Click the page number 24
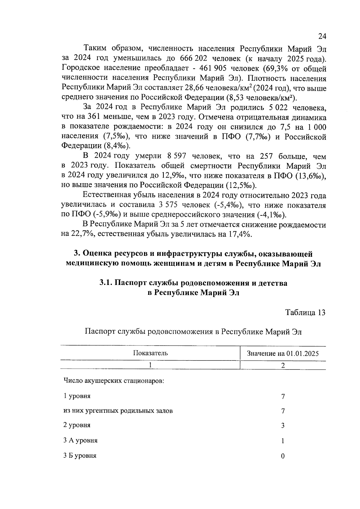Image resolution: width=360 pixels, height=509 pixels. [x=322, y=36]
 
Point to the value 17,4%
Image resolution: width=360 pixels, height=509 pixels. [x=240, y=234]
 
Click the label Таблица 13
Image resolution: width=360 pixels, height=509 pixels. [x=305, y=313]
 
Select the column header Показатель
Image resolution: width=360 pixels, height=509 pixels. [x=150, y=353]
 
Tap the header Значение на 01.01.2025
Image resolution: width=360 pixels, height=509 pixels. [x=283, y=353]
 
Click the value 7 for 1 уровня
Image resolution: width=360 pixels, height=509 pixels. [x=283, y=397]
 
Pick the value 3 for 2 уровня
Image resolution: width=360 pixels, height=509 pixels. [x=283, y=426]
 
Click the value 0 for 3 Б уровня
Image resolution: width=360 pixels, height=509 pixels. [x=283, y=456]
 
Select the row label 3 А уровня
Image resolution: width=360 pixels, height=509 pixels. [x=80, y=441]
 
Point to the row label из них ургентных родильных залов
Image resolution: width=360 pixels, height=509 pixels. [x=118, y=411]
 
